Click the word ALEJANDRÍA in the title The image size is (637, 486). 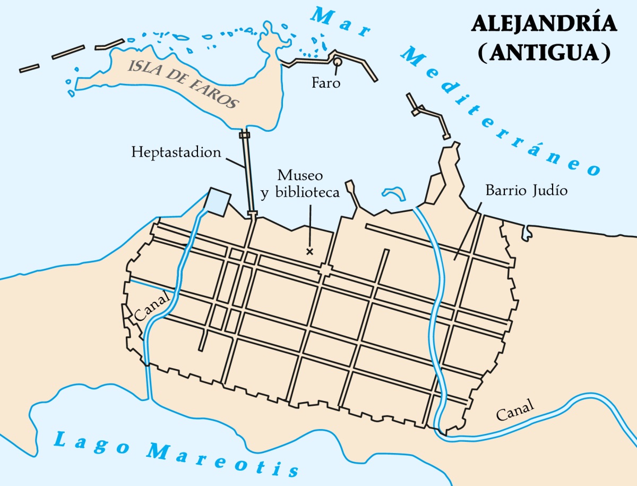coord(544,25)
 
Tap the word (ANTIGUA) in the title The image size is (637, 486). coord(544,53)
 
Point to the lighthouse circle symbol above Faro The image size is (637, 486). coord(338,62)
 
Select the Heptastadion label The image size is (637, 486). coord(176,153)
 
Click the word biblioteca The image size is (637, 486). coord(307,193)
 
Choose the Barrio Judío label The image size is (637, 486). coord(527,190)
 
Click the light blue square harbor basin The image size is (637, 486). coord(218,201)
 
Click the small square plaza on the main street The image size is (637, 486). coord(325,270)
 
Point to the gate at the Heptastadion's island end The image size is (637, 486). coord(244,135)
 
